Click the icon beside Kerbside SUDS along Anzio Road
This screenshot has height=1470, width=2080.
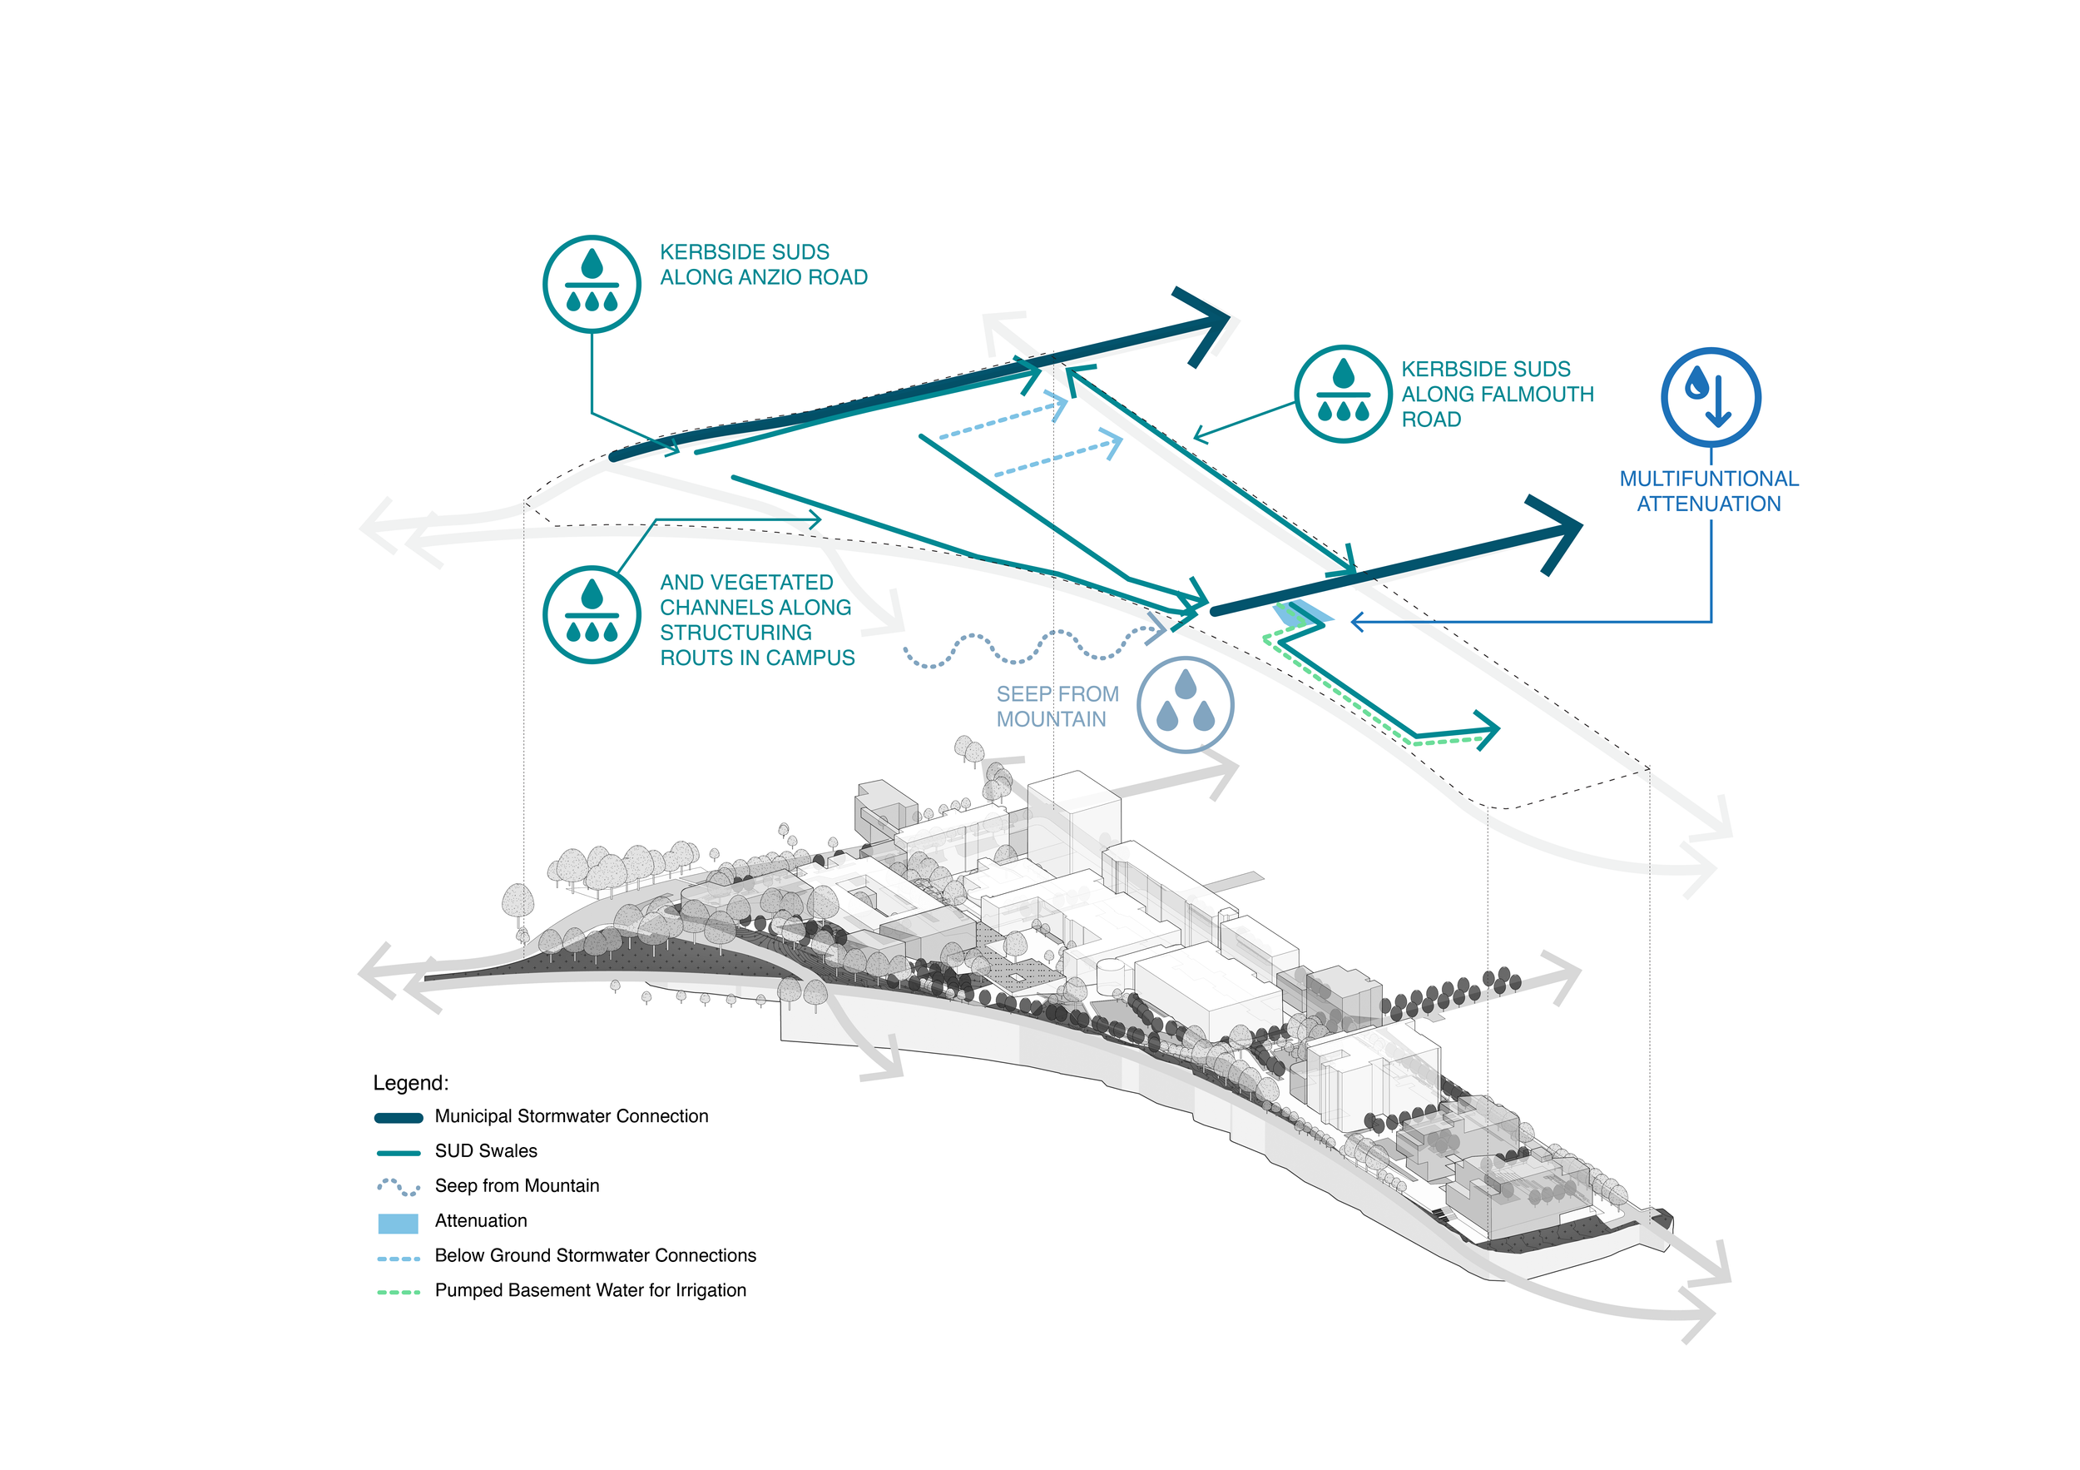pos(592,284)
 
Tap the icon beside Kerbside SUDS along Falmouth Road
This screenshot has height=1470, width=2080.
pos(1343,394)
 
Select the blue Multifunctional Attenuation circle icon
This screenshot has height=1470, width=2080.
pos(1710,397)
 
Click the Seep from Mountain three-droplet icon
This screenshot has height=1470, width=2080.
pos(1185,704)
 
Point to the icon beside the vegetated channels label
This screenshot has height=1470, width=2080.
pos(592,614)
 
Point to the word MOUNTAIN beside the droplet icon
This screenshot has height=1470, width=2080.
pos(1051,719)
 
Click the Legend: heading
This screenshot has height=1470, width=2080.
pos(410,1083)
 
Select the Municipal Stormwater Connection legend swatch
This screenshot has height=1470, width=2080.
pos(399,1117)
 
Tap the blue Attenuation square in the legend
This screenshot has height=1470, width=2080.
pos(398,1223)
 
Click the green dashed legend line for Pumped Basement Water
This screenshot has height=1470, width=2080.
pos(399,1292)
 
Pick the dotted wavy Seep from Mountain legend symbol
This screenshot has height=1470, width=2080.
pos(399,1187)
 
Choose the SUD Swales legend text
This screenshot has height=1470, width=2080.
pos(486,1151)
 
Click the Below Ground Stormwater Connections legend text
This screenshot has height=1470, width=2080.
pos(595,1255)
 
